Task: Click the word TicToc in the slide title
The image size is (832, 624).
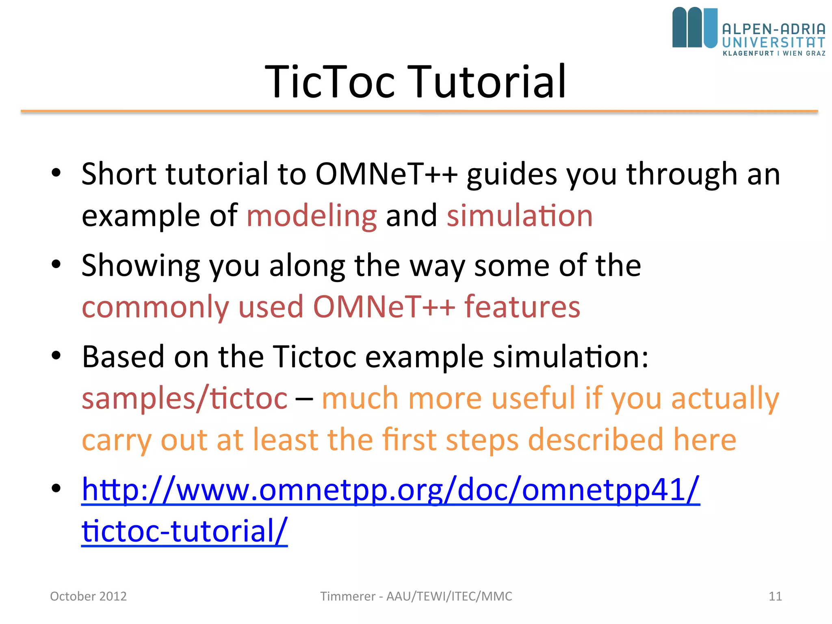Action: tap(330, 82)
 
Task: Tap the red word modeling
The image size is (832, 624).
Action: tap(312, 216)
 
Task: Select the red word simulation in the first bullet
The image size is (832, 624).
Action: tap(520, 216)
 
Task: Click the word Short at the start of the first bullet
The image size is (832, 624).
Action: tap(119, 174)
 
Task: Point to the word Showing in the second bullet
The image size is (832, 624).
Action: tap(141, 266)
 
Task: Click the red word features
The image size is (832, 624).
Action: tap(522, 307)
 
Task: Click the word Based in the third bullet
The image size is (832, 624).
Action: tap(123, 357)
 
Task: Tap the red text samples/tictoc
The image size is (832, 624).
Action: tap(184, 399)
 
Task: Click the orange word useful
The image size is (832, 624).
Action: tap(533, 399)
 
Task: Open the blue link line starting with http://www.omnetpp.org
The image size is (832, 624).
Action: tap(390, 490)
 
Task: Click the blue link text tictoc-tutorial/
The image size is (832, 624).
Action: tap(184, 531)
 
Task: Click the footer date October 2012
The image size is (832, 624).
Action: tap(88, 596)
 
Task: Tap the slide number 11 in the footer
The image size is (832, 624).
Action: tap(775, 596)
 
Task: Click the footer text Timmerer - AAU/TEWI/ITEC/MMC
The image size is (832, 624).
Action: tap(416, 596)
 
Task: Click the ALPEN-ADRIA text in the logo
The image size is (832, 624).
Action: tap(773, 29)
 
